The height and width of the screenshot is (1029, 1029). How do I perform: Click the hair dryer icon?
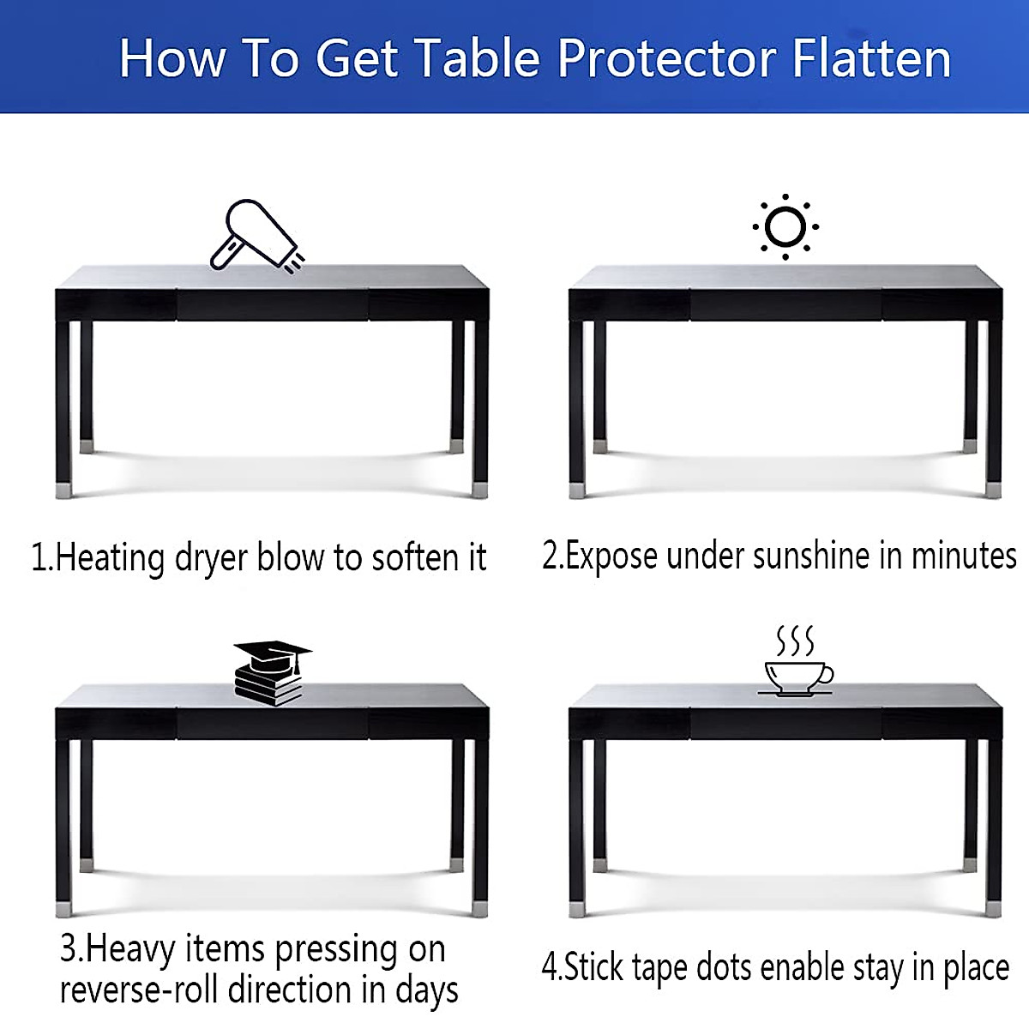pos(255,236)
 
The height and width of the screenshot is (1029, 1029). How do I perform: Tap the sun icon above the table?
pos(785,227)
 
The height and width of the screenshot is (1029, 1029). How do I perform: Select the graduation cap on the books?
pos(273,655)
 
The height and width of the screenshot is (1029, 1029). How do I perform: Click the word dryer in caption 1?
pos(212,557)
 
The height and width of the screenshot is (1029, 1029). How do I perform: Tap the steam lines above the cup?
pos(795,641)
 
